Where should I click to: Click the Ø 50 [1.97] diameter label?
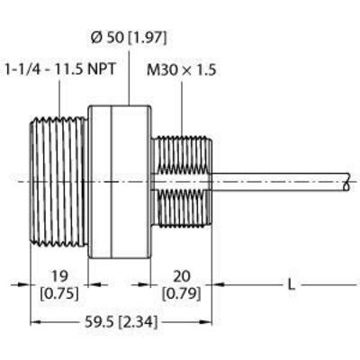(130, 38)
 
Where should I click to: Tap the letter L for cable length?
(290, 285)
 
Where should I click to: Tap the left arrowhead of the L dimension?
(217, 285)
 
